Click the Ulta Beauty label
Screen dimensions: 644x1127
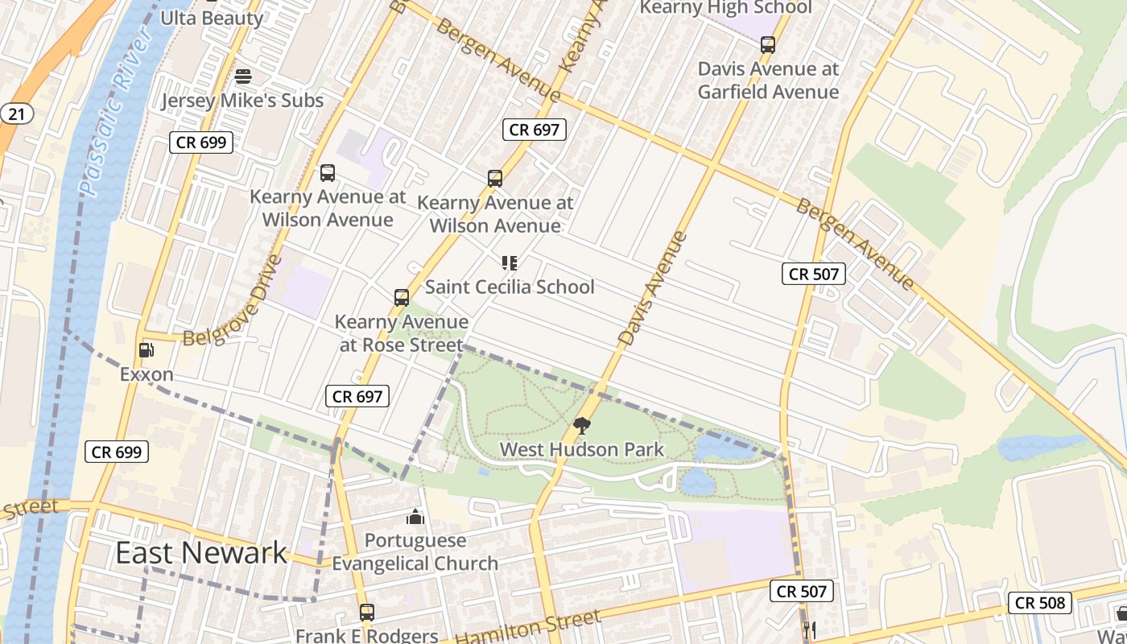tap(212, 18)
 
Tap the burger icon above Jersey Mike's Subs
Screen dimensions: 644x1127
tap(243, 76)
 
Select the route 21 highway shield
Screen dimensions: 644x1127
tap(16, 114)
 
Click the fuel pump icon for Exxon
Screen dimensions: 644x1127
tap(147, 350)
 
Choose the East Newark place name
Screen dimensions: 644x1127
tap(201, 553)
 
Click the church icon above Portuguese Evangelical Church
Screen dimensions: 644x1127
tap(415, 516)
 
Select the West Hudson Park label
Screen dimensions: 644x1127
tap(582, 449)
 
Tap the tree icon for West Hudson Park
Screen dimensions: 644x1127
tap(582, 426)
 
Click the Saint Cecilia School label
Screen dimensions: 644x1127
tap(510, 287)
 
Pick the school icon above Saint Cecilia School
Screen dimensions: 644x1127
tap(509, 263)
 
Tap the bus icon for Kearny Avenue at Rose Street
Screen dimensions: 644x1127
tap(402, 298)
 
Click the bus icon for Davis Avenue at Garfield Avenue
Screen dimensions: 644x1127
tap(768, 45)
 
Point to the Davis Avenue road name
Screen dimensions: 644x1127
tap(654, 288)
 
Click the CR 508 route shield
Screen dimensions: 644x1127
tap(1040, 602)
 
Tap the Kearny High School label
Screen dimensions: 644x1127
tap(725, 8)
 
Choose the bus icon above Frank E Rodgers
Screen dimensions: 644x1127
tap(367, 613)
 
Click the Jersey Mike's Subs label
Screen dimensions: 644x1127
tap(242, 101)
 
